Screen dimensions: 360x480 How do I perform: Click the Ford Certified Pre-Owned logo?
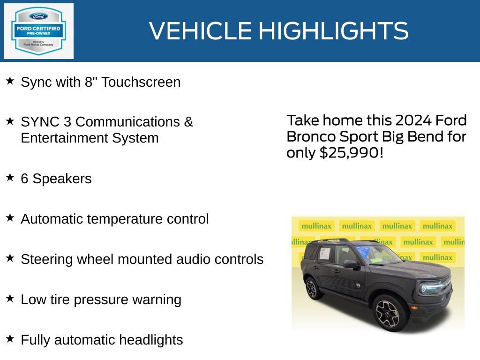38,31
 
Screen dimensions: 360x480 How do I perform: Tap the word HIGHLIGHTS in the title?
334,31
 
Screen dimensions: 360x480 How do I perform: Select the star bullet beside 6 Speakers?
10,178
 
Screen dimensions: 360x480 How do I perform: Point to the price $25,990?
351,152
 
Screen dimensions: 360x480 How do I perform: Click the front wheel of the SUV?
388,313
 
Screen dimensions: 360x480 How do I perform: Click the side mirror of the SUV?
350,264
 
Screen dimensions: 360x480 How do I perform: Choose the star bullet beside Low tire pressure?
10,298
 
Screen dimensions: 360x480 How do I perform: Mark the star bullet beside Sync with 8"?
10,81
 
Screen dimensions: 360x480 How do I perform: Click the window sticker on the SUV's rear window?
324,254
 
